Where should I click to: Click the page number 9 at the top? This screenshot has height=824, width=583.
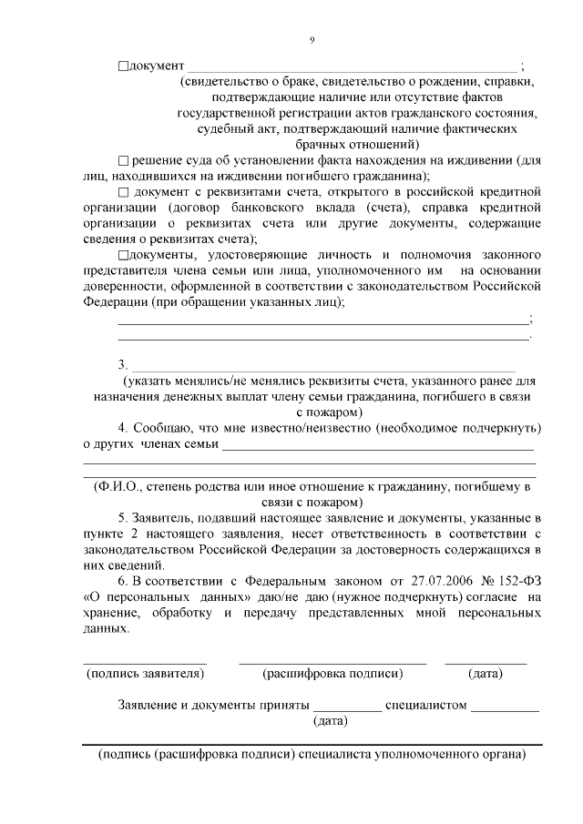(x=312, y=40)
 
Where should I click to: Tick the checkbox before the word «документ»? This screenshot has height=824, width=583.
(x=124, y=66)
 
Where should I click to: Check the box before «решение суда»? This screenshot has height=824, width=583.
(x=124, y=160)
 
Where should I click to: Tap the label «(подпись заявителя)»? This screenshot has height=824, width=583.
(x=145, y=674)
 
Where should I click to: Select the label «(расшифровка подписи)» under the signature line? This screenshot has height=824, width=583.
(x=332, y=674)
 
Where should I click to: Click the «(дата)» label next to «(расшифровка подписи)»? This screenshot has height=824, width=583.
(x=486, y=674)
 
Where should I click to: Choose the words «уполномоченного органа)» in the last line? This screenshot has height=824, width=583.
(x=455, y=755)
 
